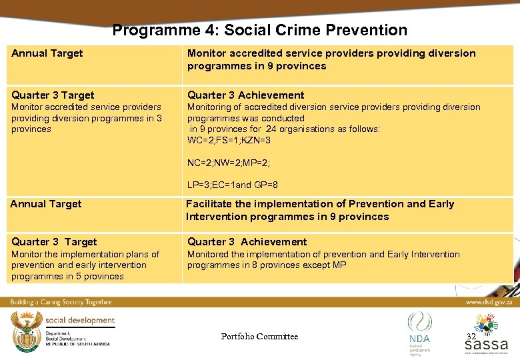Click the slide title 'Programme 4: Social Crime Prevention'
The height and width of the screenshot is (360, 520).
click(259, 30)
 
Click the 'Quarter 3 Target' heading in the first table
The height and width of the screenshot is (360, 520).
click(53, 95)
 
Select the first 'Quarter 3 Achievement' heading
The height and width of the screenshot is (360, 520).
click(245, 95)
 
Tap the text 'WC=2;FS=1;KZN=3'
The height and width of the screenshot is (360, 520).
click(229, 140)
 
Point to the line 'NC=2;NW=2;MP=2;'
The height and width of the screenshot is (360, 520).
click(228, 162)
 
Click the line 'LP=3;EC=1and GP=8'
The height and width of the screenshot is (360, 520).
click(232, 185)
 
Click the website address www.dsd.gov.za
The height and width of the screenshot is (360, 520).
click(488, 302)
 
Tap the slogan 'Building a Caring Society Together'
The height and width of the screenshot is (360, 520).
click(61, 302)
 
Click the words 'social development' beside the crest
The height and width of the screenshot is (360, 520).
click(79, 321)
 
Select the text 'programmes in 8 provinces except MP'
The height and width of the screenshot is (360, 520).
click(267, 265)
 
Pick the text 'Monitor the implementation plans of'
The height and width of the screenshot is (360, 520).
click(85, 254)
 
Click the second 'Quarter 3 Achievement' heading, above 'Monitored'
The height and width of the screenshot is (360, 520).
click(247, 242)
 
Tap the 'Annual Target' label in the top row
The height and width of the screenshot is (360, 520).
click(47, 53)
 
